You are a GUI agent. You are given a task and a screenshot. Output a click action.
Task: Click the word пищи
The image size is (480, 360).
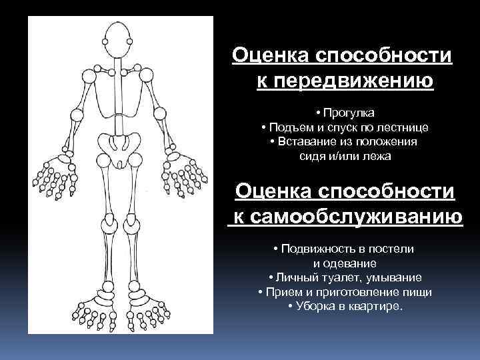[419, 292]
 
